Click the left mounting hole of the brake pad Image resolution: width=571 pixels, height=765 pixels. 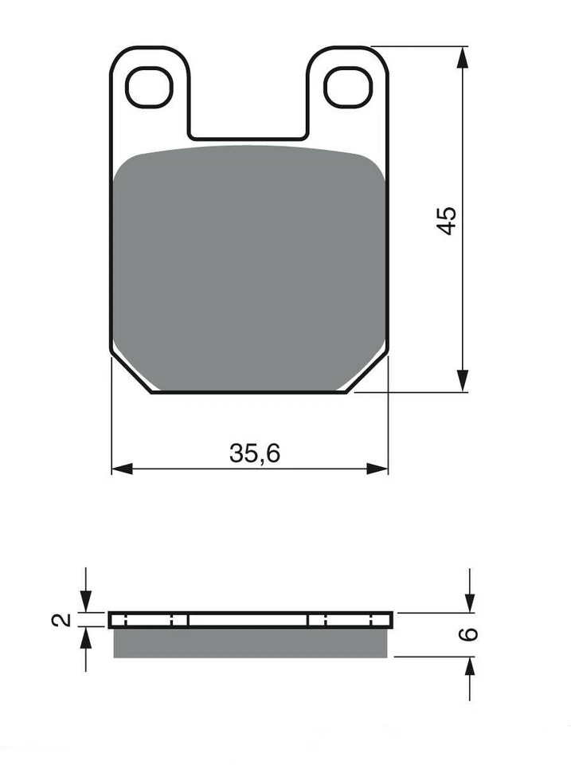pyautogui.click(x=149, y=87)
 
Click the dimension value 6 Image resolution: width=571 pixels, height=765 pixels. pyautogui.click(x=470, y=634)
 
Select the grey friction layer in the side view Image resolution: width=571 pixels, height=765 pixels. pyautogui.click(x=250, y=642)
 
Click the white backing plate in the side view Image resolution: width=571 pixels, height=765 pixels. pyautogui.click(x=248, y=620)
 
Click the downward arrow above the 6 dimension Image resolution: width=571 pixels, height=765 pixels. pyautogui.click(x=470, y=602)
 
